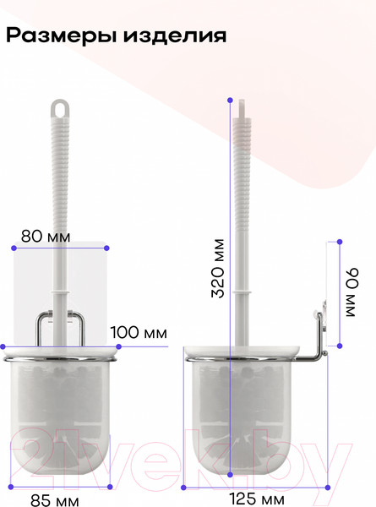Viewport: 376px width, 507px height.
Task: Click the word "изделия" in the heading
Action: point(175,35)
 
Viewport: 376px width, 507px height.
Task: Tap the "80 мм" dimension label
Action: point(46,237)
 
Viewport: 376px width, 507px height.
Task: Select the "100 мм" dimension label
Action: point(139,332)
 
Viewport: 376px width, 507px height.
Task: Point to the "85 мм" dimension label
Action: point(55,500)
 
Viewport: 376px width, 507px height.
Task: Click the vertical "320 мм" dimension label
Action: point(218,268)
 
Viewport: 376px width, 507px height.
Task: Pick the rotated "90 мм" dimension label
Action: point(352,292)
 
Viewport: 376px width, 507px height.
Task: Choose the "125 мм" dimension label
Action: point(257,499)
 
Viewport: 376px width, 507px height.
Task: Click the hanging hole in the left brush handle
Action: point(60,109)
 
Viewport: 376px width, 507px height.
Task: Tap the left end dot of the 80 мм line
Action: point(14,248)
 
